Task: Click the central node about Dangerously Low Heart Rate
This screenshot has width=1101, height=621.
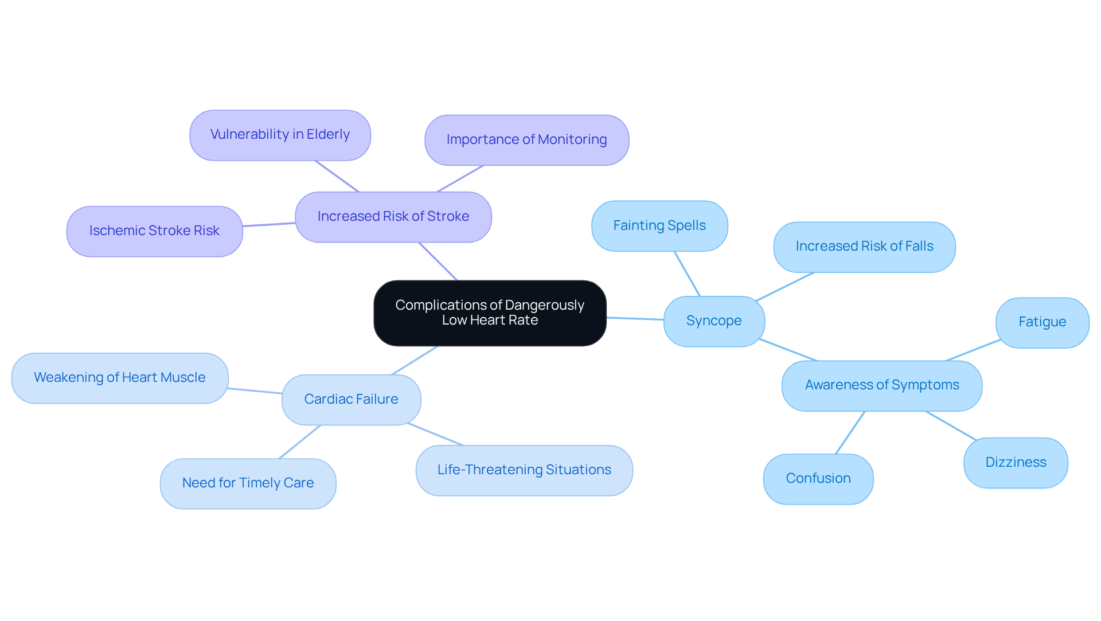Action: click(490, 313)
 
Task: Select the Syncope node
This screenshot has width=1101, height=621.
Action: click(714, 321)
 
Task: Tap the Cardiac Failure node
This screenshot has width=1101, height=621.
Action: click(351, 400)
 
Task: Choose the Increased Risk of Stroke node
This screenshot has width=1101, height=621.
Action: click(393, 217)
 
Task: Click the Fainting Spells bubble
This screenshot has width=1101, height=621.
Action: click(659, 226)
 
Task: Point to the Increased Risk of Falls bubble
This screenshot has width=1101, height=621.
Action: click(864, 247)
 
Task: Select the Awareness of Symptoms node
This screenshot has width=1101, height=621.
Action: click(881, 385)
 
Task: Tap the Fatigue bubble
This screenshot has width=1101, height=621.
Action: click(1042, 322)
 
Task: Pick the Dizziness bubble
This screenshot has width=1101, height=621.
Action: click(1016, 463)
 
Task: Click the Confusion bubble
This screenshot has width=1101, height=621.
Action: click(818, 479)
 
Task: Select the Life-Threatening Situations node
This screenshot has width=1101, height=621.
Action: click(524, 470)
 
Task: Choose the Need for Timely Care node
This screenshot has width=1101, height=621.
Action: click(248, 483)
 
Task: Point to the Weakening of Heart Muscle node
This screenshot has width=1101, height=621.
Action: click(119, 378)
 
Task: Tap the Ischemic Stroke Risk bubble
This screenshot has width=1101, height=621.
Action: click(154, 231)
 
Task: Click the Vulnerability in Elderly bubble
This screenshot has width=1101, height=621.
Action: click(280, 135)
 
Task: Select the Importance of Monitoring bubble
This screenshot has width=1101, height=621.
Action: click(526, 140)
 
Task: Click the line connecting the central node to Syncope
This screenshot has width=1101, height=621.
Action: click(635, 318)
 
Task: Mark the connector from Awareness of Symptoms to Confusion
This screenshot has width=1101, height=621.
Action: click(850, 433)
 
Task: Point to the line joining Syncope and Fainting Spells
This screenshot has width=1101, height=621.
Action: click(687, 274)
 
